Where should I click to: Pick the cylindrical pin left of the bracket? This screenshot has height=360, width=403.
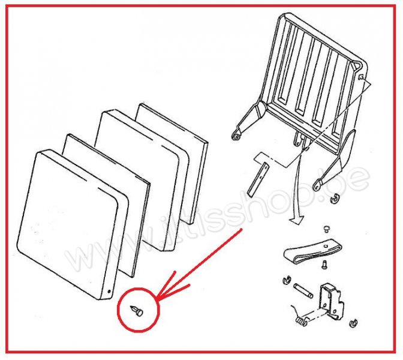(304, 290)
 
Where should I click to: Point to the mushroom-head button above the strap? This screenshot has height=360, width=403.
(326, 229)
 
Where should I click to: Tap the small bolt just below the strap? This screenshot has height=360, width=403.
(324, 265)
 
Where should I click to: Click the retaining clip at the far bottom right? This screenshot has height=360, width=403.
(354, 323)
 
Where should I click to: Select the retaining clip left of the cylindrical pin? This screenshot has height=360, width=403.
(286, 280)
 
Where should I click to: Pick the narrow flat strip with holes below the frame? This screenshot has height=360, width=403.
(258, 179)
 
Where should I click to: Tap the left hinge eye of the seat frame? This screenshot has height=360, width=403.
(236, 136)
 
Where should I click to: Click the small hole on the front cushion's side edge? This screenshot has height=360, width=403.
(109, 292)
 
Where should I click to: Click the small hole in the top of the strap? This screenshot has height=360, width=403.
(326, 246)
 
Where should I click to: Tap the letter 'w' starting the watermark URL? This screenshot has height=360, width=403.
(77, 259)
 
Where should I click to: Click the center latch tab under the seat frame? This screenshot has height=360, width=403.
(298, 139)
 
